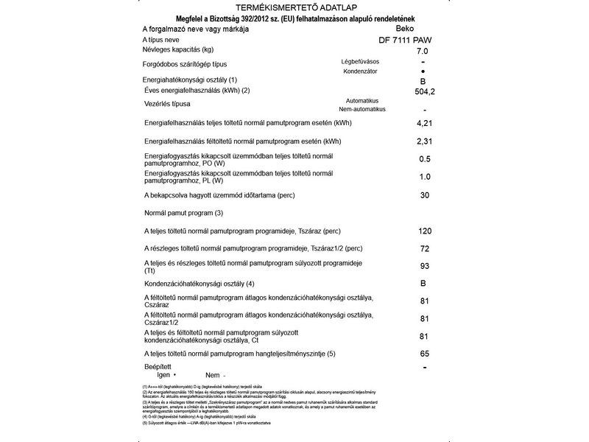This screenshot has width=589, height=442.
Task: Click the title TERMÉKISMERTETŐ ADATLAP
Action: [x=294, y=7]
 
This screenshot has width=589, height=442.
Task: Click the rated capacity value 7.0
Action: [x=423, y=52]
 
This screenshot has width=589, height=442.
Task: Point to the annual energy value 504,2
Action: [x=426, y=92]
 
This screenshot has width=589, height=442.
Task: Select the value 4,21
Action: [x=424, y=122]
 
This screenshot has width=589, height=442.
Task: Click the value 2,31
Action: [x=424, y=141]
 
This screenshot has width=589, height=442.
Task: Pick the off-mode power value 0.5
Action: [x=424, y=159]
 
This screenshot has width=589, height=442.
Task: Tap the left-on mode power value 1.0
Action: [x=424, y=177]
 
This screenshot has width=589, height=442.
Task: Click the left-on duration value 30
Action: [x=424, y=195]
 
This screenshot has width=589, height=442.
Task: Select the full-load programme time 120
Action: [x=424, y=231]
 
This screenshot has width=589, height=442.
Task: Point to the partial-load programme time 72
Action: [x=424, y=248]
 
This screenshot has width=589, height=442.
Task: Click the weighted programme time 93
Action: [x=424, y=266]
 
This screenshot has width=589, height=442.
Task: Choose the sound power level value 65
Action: [x=424, y=354]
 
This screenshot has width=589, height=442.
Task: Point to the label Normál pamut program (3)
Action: [x=183, y=213]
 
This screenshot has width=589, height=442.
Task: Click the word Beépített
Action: [x=158, y=366]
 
